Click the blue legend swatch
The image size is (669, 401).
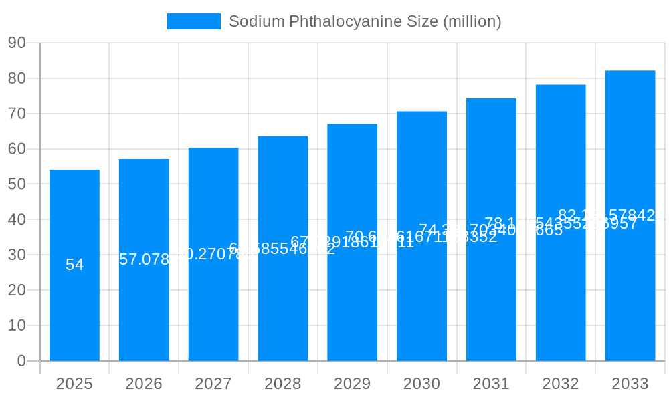pyautogui.click(x=193, y=21)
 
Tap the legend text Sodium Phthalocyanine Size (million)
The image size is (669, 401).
pyautogui.click(x=365, y=21)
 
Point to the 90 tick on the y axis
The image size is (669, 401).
pyautogui.click(x=17, y=43)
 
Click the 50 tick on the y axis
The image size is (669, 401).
pyautogui.click(x=17, y=184)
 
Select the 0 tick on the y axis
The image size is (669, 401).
pyautogui.click(x=21, y=361)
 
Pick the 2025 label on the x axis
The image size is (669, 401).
pyautogui.click(x=74, y=384)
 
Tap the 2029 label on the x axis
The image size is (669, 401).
pyautogui.click(x=353, y=384)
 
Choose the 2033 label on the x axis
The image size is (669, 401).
pyautogui.click(x=630, y=384)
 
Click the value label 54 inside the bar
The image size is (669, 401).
pyautogui.click(x=74, y=265)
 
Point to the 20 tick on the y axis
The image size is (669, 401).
pyautogui.click(x=17, y=290)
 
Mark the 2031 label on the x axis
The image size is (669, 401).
pyautogui.click(x=491, y=384)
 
